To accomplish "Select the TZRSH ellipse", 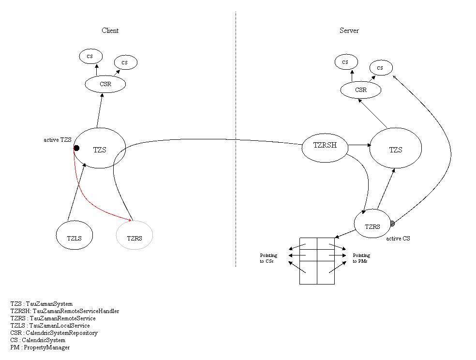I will (x=325, y=148).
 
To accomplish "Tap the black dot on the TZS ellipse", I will (x=76, y=148).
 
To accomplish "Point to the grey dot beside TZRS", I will (x=392, y=224).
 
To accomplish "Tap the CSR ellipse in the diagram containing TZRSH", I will (x=360, y=90).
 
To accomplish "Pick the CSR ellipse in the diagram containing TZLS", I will (x=105, y=84).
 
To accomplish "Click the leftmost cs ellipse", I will (x=91, y=56).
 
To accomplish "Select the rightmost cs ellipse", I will (x=381, y=68).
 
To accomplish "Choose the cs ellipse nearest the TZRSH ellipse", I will (x=346, y=62).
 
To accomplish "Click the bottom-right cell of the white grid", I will (x=326, y=272).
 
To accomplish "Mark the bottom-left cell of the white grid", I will (x=308, y=272).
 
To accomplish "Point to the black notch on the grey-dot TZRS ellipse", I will (x=364, y=212).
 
